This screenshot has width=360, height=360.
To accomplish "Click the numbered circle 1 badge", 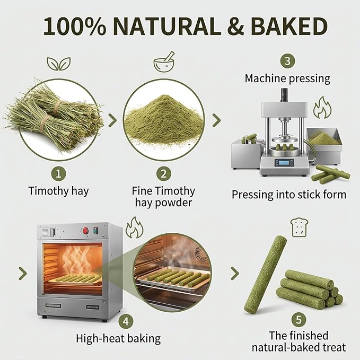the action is point(58,174).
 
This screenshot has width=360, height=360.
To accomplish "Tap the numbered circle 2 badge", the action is point(163,174).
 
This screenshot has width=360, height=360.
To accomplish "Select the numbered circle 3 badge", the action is point(287,61).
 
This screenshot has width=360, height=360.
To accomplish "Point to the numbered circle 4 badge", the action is point(126,321).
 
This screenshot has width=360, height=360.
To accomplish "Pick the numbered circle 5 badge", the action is point(298,319).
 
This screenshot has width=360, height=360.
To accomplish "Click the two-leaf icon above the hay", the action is point(59,64).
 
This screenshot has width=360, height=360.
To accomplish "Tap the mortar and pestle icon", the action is point(164,62).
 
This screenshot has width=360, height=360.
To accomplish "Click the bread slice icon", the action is point(299,227).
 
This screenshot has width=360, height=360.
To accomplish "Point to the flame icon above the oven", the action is point(135,227).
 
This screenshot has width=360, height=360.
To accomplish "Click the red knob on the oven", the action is point(86,230).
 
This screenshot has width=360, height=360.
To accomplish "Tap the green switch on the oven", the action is point(95,231).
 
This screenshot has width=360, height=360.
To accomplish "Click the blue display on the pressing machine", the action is point(284,163).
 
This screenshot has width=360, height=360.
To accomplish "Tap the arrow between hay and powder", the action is point(112,120).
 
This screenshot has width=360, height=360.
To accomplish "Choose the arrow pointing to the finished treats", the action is point(235,273).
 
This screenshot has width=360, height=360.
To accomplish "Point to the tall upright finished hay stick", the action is point(265,274).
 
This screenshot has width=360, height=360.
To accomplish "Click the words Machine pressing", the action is point(287,78).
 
